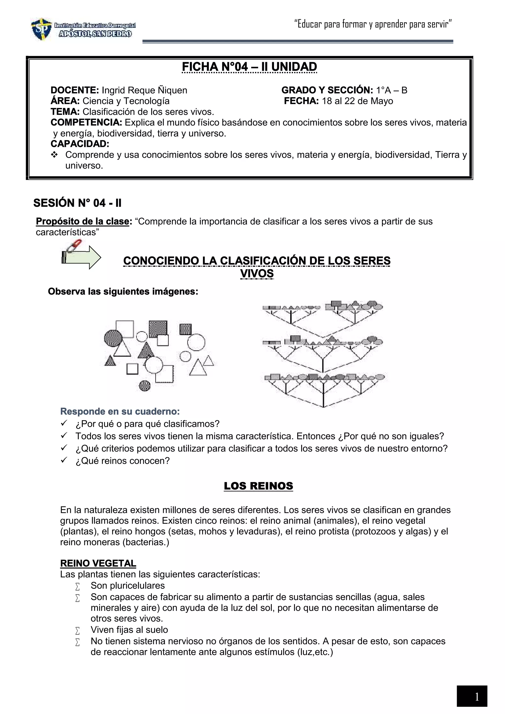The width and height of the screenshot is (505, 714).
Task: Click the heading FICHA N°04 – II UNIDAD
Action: [x=249, y=67]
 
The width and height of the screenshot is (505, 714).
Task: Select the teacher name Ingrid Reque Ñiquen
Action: [x=144, y=90]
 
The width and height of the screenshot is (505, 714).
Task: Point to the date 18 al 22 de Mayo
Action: [x=357, y=101]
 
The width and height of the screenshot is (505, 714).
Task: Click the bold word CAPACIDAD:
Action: [x=80, y=144]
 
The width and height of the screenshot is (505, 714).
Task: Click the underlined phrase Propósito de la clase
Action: [x=82, y=221]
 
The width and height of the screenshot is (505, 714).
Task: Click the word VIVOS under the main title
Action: [x=257, y=273]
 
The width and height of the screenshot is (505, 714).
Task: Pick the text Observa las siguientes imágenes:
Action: [x=123, y=291]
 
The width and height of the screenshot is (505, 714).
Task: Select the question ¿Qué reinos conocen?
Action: [x=123, y=461]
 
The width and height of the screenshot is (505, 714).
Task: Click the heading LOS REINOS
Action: [x=258, y=486]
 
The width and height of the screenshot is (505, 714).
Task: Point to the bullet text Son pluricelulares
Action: [x=127, y=586]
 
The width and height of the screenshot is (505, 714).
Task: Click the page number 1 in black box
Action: [x=476, y=697]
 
